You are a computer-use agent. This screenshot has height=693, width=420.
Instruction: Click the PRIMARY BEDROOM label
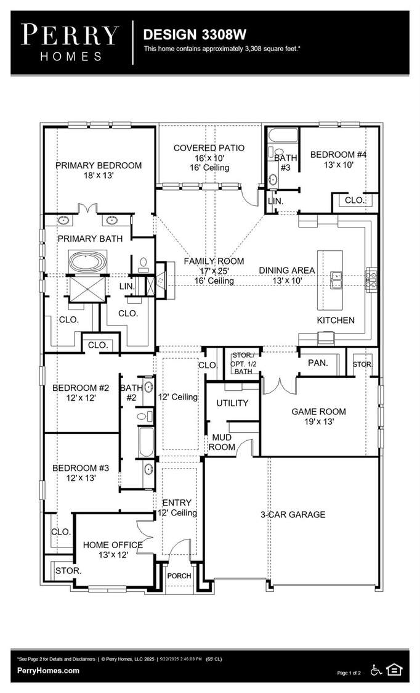[99, 165]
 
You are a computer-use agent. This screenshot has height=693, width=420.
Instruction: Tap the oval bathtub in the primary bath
[87, 262]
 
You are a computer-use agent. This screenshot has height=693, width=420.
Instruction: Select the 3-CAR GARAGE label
[293, 514]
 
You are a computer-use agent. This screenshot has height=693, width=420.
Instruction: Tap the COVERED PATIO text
[209, 148]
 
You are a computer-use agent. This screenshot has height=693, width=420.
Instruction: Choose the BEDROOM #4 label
[338, 155]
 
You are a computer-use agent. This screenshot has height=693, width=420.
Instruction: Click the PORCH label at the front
[179, 576]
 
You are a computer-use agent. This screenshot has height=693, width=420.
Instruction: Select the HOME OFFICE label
[113, 545]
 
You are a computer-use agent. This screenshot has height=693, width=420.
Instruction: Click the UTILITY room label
[232, 403]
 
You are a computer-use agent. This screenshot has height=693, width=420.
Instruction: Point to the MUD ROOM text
[222, 442]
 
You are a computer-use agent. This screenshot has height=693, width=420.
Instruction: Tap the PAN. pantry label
[318, 363]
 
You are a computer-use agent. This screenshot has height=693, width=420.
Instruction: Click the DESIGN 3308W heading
[195, 35]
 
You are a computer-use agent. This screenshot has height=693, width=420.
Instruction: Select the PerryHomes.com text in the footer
[48, 670]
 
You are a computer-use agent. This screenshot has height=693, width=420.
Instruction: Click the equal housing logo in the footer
[394, 670]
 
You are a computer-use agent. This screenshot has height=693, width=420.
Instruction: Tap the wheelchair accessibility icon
[376, 670]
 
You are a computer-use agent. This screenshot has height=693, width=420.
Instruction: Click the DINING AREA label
[286, 271]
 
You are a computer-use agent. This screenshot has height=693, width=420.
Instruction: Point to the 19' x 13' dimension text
[319, 422]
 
